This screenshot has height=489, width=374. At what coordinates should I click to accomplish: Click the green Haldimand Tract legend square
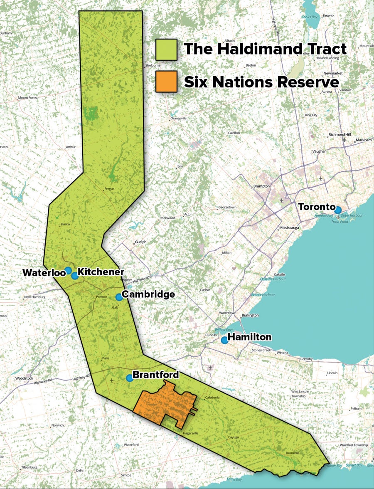[x=166, y=49]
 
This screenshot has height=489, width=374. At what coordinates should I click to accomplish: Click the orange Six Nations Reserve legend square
[x=166, y=81]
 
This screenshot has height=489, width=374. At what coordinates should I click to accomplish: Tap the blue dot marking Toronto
[x=338, y=210]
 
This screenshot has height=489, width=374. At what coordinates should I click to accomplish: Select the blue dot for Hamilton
[x=224, y=340]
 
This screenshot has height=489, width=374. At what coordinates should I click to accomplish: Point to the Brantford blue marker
[x=129, y=378]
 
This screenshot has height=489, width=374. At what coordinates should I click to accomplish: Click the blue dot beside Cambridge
[x=119, y=297]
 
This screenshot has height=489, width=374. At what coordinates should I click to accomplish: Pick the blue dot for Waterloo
[x=68, y=270]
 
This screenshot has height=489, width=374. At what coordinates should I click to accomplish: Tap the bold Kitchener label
[x=101, y=272]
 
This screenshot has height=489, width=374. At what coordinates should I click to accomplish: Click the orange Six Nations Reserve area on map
[x=166, y=405]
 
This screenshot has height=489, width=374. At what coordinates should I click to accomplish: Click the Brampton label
[x=261, y=186]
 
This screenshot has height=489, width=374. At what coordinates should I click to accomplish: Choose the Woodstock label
[x=24, y=378]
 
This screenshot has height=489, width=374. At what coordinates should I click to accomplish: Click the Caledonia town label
[x=212, y=398]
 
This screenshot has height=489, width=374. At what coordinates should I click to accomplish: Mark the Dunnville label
[x=293, y=453]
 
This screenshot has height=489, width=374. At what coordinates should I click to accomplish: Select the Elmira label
[x=65, y=225]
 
